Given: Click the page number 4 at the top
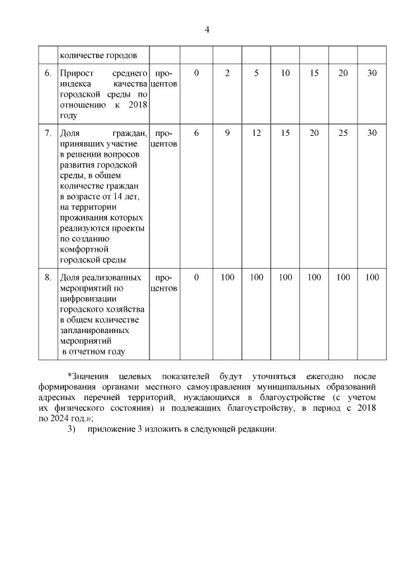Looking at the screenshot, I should click(207, 30).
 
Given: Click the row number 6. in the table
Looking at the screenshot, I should click(48, 73).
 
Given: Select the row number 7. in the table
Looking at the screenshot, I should click(48, 133).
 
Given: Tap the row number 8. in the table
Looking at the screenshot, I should click(48, 277).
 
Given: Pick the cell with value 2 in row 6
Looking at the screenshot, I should click(227, 73).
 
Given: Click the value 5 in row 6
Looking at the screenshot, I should click(256, 73).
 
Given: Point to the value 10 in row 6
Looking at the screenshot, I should click(285, 73).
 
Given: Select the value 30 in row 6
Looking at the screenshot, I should click(372, 73).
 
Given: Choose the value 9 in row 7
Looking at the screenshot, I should click(227, 133).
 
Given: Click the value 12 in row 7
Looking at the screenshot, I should click(256, 133).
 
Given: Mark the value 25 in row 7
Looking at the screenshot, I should click(343, 133).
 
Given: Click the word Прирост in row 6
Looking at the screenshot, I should click(77, 73).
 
